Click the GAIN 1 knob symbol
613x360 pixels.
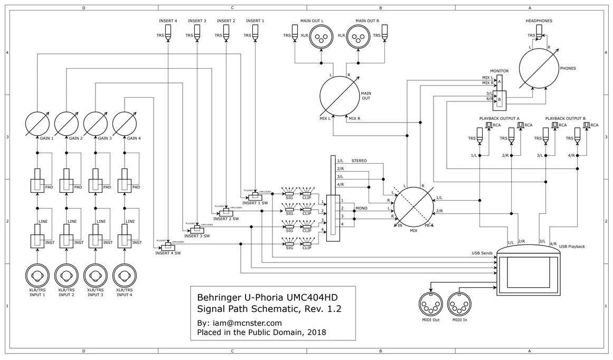37,122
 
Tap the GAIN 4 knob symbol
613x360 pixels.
125,122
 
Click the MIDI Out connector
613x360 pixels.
430,305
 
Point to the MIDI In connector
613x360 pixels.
459,305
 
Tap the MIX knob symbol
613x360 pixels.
413,206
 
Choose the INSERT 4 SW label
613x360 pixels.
168,253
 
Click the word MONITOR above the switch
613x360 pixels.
499,71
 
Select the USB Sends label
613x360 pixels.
482,253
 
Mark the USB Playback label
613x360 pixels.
572,247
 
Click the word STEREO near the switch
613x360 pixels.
359,160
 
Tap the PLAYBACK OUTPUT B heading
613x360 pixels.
565,118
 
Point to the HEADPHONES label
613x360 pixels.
539,21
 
